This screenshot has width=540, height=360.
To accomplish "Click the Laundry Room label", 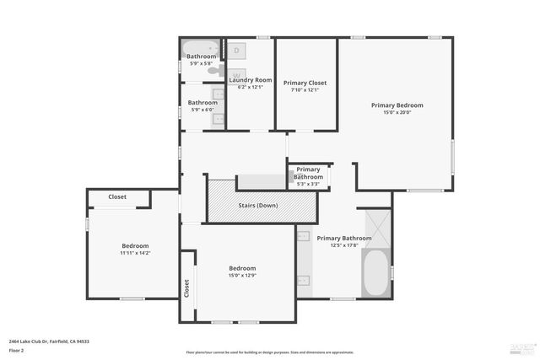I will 251,80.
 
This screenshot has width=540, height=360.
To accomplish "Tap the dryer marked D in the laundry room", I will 237,51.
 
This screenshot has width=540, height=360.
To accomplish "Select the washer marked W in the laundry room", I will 237,73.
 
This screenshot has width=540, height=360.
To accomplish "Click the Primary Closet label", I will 305,83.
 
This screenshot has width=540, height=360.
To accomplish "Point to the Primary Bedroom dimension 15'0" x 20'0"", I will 397,113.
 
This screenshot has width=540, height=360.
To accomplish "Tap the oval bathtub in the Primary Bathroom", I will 376,273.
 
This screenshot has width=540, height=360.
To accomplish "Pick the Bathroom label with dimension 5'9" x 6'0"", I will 202,103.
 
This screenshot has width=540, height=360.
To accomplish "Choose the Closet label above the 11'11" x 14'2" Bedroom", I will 117,196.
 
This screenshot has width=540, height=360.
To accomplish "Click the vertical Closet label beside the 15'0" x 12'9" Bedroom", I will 186,287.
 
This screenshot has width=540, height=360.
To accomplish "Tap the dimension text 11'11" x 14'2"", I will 135,252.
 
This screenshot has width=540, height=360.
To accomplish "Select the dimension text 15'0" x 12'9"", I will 242,276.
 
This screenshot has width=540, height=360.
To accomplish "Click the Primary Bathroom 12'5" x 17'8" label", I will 344,239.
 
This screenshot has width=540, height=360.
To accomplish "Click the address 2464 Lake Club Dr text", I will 49,341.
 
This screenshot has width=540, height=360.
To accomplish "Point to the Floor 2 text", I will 17,350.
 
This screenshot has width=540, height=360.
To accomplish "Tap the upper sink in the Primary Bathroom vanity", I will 304,237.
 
